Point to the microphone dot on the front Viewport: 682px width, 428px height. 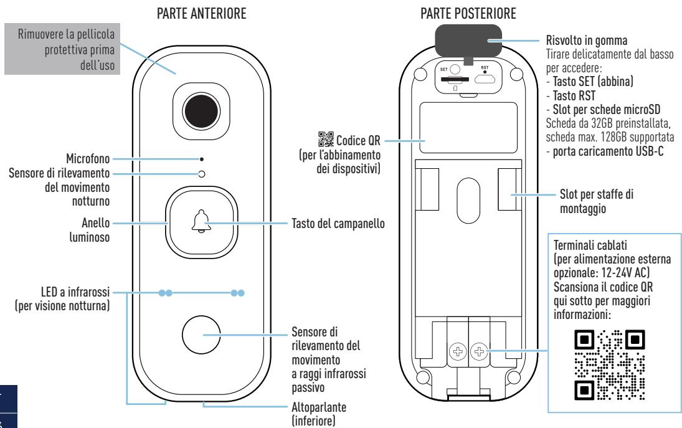(201, 159)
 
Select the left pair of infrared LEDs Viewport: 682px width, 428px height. (165, 292)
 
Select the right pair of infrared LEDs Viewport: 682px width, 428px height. (237, 292)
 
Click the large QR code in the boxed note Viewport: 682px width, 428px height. (609, 365)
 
